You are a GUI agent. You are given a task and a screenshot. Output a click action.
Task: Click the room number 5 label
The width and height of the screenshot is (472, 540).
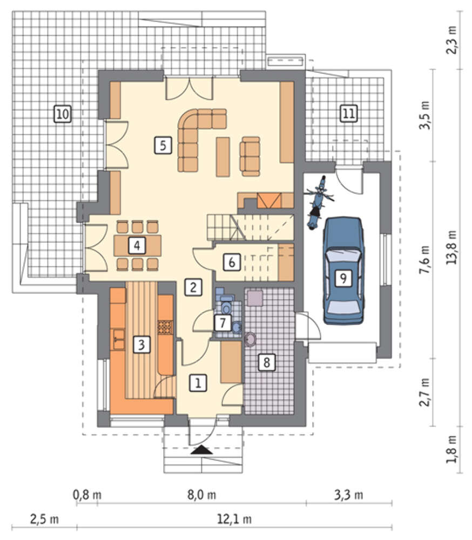[x=163, y=145]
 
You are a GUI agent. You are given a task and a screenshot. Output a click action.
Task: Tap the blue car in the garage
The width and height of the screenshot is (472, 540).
[x=343, y=271]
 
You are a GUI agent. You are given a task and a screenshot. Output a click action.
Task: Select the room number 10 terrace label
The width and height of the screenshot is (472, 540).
[x=63, y=113]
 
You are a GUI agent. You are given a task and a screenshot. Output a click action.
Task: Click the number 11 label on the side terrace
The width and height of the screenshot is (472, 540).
[x=348, y=113]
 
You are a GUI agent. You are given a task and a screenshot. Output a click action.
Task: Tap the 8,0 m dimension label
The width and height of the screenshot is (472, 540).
[x=201, y=495]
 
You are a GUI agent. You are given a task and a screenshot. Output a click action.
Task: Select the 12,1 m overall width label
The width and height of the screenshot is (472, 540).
[x=234, y=518]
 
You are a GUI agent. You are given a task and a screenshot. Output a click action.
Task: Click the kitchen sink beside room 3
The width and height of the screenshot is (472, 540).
[x=119, y=339]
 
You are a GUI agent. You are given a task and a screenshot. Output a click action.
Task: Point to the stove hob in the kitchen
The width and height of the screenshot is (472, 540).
[x=165, y=328]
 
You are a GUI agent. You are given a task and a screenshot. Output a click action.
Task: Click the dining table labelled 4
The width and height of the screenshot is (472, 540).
[x=138, y=246]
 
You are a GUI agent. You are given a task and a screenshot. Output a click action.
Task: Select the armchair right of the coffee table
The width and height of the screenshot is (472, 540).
[x=250, y=157]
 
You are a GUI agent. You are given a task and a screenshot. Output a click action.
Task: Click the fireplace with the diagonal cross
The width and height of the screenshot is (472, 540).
[x=269, y=200]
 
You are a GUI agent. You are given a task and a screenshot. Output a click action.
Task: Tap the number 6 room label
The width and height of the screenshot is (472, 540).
[x=232, y=262]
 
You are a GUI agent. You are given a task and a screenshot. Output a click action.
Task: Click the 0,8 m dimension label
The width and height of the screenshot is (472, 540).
[x=87, y=495]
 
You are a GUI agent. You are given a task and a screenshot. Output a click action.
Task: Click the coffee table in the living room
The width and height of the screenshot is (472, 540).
[x=223, y=157]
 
